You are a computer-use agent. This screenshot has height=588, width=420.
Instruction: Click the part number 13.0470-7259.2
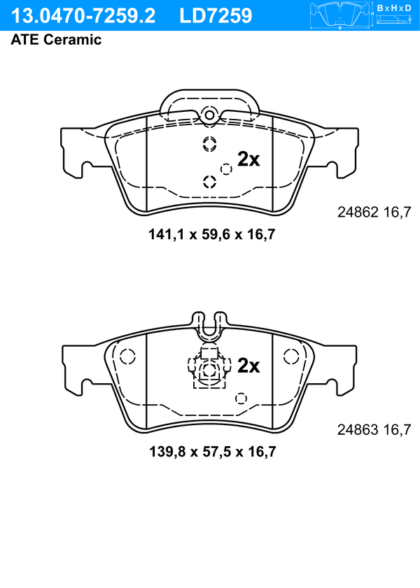83,16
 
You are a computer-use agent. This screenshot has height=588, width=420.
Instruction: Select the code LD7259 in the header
216,16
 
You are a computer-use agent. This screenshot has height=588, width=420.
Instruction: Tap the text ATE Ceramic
56,40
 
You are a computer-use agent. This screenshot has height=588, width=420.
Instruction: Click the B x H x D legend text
394,8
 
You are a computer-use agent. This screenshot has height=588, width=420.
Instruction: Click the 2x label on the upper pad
248,159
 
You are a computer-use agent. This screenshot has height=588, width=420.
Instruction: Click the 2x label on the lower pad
248,366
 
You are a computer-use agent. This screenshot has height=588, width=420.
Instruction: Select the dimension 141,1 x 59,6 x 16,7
212,235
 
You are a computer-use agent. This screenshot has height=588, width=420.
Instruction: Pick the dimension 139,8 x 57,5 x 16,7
212,452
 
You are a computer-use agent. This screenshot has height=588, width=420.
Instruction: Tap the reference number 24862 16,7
374,213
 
